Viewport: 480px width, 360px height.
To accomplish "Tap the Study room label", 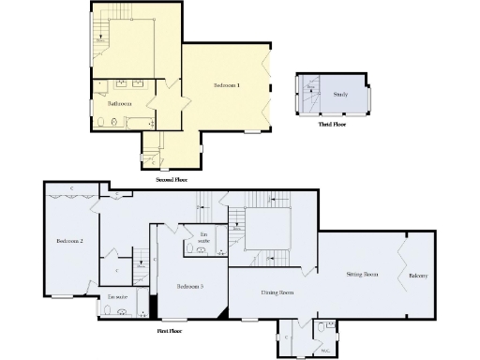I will tap(341, 95).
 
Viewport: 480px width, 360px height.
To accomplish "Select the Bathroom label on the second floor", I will tap(118, 103).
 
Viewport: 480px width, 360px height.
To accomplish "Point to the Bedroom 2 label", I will tap(69, 241).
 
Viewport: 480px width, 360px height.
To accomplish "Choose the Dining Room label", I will tap(277, 292).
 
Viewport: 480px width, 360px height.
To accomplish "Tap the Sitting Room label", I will tap(362, 275).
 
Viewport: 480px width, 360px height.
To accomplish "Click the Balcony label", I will tap(419, 276).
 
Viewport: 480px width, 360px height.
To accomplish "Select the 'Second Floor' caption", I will tap(172, 177).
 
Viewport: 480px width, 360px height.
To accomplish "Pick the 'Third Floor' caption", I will tap(333, 124).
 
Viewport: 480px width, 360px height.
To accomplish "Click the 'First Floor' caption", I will tap(169, 331).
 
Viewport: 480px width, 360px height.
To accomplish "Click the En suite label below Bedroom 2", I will tap(117, 296).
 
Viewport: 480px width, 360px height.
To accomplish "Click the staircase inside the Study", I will tap(309, 93).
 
